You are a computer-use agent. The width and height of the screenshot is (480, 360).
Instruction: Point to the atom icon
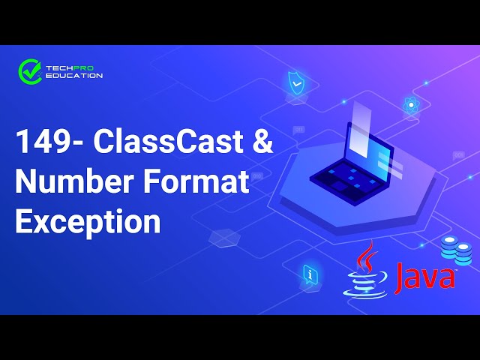(410, 106)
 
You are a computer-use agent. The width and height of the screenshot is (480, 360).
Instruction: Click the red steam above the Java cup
(365, 256)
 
